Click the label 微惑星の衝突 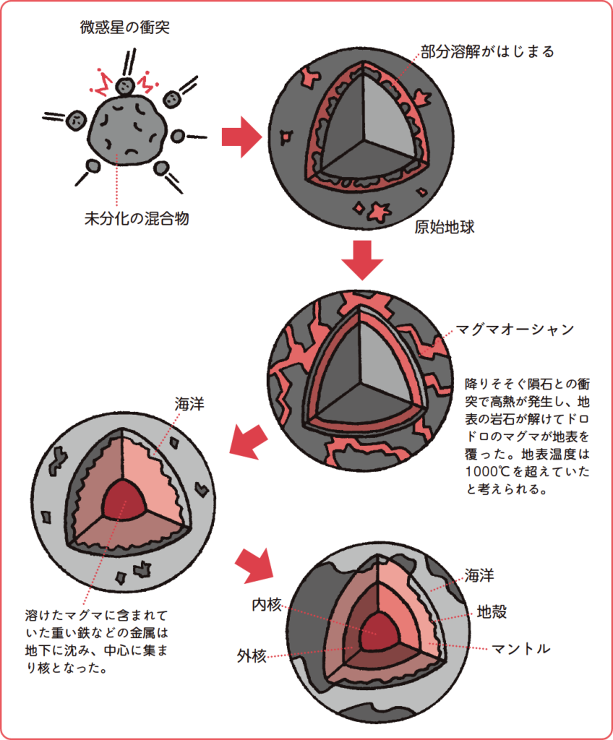click(125, 29)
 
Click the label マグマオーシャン click(514, 330)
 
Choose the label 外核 click(252, 656)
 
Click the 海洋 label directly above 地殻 click(479, 576)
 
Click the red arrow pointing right click(240, 137)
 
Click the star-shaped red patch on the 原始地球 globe click(378, 211)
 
